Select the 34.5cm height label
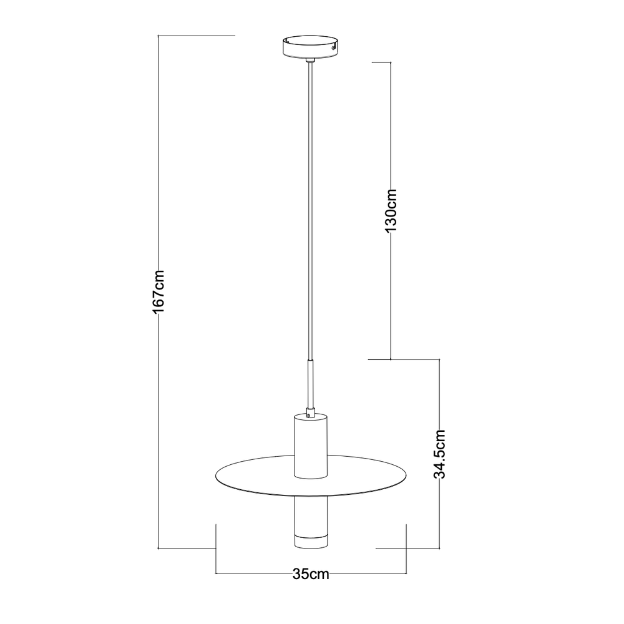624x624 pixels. [441, 454]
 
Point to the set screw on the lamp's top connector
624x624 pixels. [310, 413]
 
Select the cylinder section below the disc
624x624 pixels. [310, 515]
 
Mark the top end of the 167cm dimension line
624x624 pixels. [158, 36]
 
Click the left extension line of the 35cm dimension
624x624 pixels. [216, 549]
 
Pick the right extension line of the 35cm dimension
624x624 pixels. [406, 549]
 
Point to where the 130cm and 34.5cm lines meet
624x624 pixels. [391, 360]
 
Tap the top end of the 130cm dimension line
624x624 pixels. [391, 62]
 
